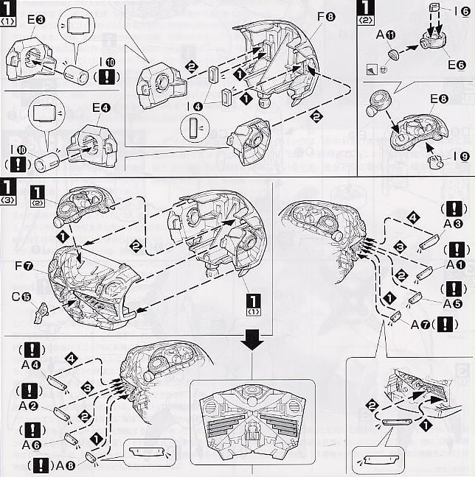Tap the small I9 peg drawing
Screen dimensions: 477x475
coord(434,161)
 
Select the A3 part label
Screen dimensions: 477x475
coord(454,225)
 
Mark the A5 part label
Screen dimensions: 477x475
coord(452,303)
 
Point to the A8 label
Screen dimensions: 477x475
coord(64,465)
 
